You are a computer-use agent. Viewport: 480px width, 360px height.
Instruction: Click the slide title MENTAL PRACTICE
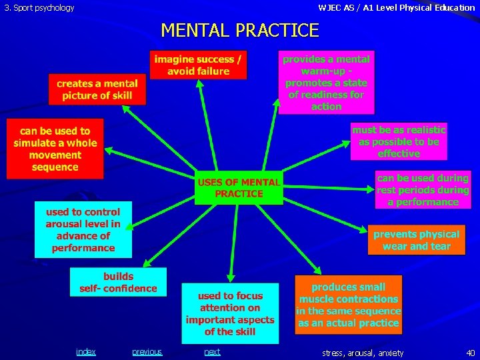240,31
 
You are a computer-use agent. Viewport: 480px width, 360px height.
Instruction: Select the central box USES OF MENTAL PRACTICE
239,187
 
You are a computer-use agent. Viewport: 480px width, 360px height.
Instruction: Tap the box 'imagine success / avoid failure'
198,65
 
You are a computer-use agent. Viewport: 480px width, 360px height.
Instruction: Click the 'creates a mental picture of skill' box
97,89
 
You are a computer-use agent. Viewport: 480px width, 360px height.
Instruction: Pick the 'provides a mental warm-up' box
326,83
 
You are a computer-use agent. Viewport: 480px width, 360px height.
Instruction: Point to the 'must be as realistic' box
399,141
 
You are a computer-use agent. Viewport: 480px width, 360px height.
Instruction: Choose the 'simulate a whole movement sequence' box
55,149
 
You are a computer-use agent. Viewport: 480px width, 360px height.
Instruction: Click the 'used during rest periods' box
423,190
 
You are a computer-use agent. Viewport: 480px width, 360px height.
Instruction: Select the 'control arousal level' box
83,229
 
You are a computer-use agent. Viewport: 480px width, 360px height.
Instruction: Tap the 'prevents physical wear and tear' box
416,240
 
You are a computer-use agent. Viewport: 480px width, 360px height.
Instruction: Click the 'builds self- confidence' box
118,282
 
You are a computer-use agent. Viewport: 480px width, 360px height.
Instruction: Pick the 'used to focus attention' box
230,313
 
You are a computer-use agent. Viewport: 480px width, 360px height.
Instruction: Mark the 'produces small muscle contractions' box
349,305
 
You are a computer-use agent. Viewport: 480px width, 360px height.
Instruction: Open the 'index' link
85,352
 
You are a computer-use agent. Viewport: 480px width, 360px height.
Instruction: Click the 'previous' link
147,352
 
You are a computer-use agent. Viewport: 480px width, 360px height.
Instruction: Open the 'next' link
212,352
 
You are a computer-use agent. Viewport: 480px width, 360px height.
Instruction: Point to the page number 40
471,353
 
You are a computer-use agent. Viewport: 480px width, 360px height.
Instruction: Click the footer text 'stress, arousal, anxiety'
363,353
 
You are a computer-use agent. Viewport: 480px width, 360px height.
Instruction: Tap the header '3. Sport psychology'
40,8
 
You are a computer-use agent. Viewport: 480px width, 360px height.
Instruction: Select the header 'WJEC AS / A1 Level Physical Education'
397,8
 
